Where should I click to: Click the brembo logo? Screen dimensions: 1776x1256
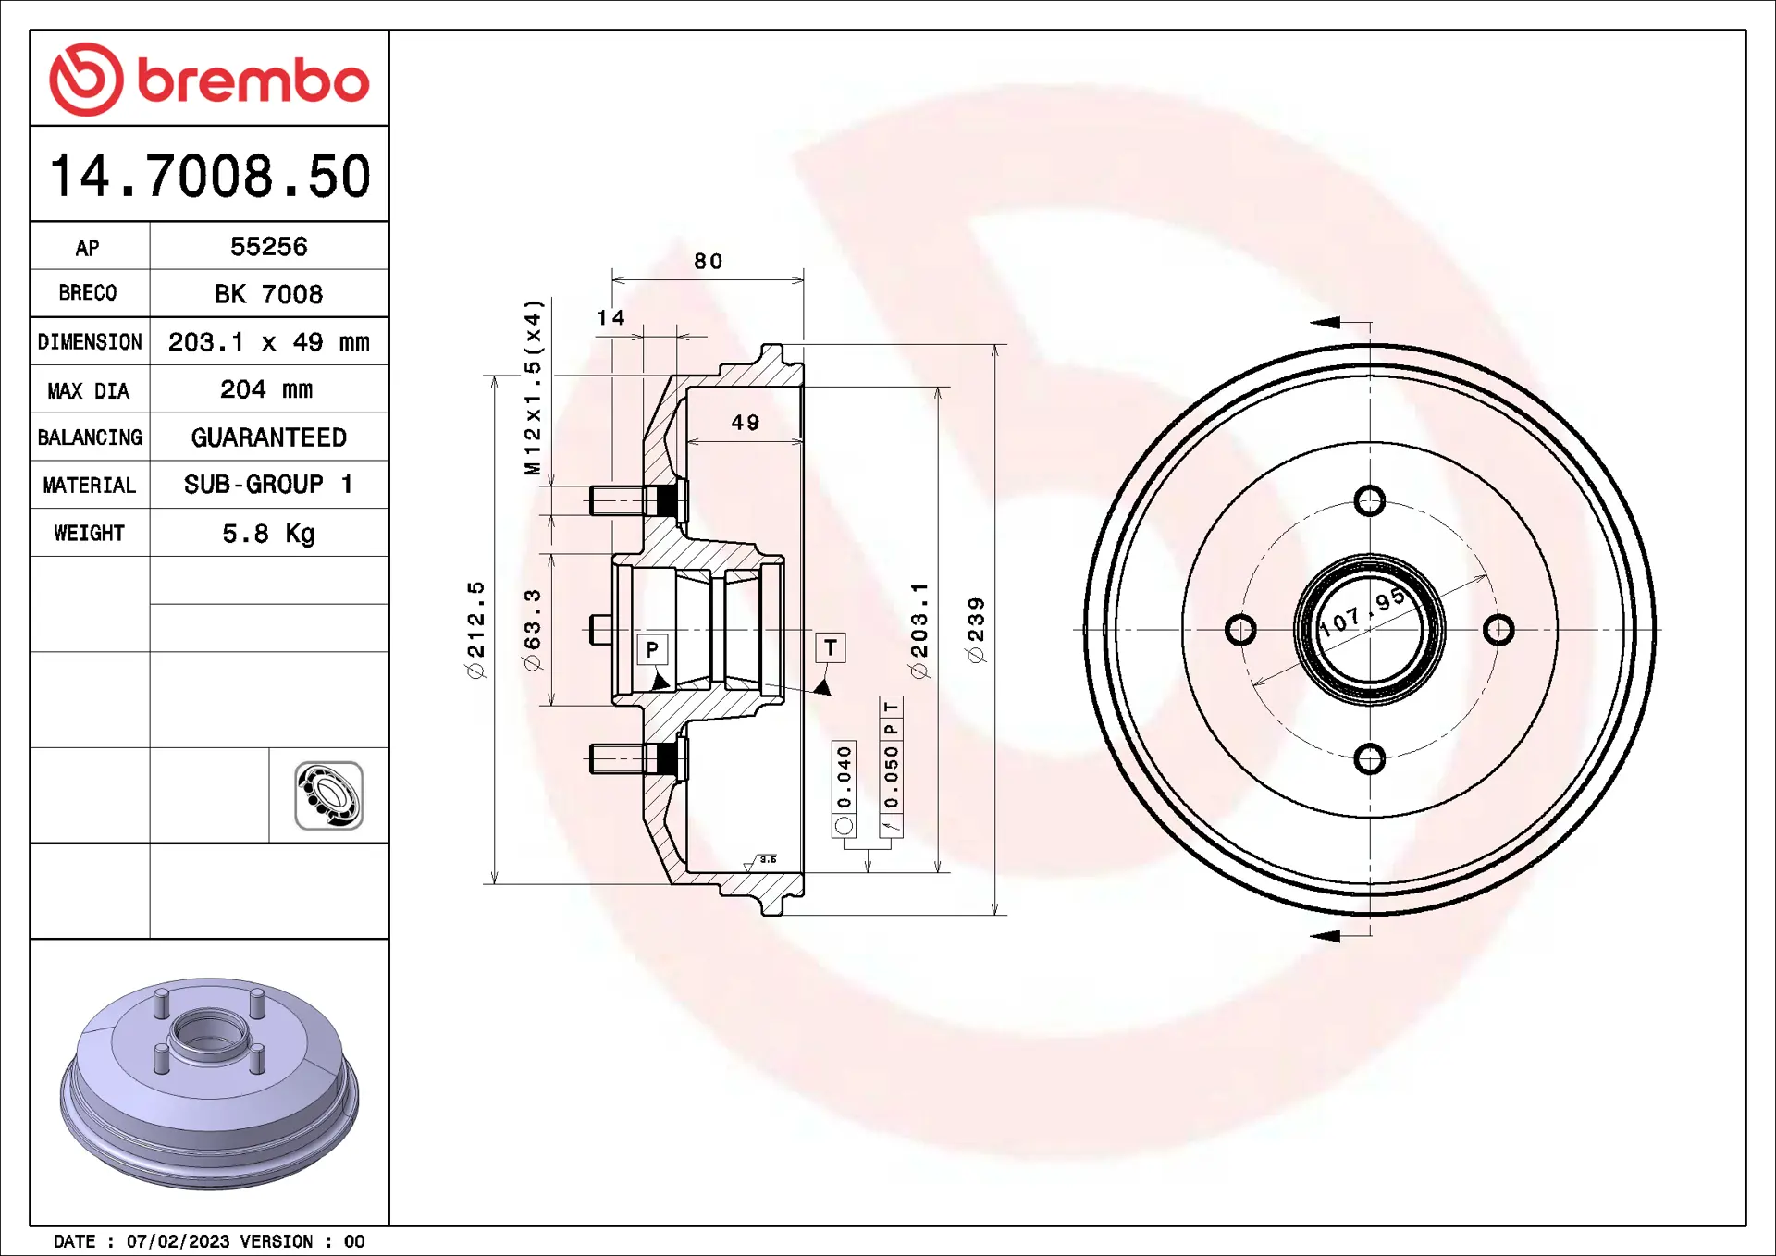click(209, 80)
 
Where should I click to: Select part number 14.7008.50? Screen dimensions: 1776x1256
click(210, 176)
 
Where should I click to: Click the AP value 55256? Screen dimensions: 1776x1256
click(268, 247)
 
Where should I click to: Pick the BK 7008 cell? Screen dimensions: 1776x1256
click(268, 294)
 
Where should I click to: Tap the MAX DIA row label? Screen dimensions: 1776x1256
click(89, 390)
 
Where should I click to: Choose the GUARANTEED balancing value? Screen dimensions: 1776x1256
click(268, 437)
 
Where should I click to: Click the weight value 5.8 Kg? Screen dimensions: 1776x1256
click(268, 534)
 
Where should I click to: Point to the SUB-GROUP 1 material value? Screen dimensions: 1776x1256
click(268, 485)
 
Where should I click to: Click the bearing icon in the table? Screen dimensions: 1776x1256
click(328, 795)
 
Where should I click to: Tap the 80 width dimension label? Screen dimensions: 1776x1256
click(709, 262)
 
